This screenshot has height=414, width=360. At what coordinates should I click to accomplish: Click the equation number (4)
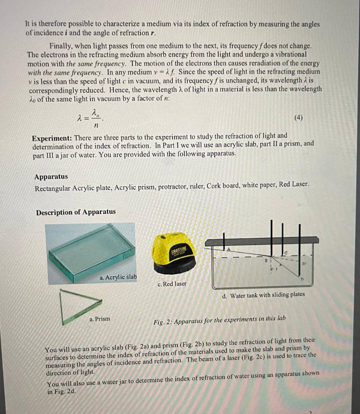(x=298, y=118)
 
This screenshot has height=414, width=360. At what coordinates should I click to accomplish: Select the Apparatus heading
(x=51, y=177)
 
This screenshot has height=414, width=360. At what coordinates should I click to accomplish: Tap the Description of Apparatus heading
(x=76, y=212)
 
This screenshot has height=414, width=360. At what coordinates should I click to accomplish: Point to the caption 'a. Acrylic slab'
(x=118, y=277)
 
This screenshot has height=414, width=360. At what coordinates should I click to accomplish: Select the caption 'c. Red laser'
(x=172, y=284)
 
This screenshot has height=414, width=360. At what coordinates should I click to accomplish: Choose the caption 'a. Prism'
(x=100, y=319)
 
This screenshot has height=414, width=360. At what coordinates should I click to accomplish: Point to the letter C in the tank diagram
(x=286, y=253)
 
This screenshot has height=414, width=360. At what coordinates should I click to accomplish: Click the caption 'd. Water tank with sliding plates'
(x=263, y=295)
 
